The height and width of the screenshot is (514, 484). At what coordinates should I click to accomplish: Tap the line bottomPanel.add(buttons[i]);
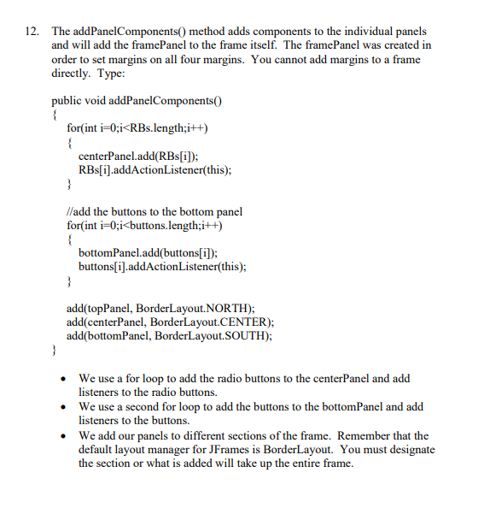click(x=148, y=253)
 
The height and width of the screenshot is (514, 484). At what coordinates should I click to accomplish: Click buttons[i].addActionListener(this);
click(x=162, y=266)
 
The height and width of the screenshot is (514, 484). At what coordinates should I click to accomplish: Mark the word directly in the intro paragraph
click(x=70, y=74)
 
